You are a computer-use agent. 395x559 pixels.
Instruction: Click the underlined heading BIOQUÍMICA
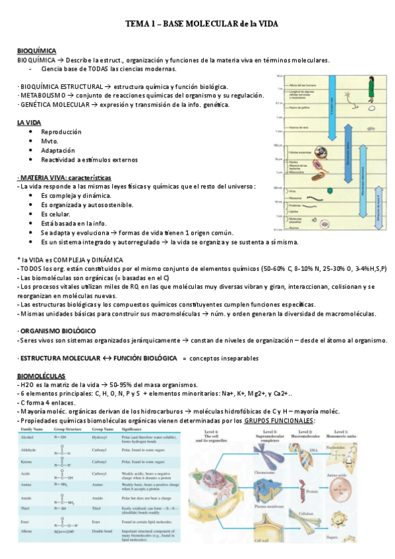36,51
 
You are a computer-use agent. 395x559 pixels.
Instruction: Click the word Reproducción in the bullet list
61,132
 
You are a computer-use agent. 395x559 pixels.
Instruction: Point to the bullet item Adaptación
58,150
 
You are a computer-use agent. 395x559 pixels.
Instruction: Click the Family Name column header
32,428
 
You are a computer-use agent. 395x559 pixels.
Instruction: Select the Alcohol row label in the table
27,436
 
